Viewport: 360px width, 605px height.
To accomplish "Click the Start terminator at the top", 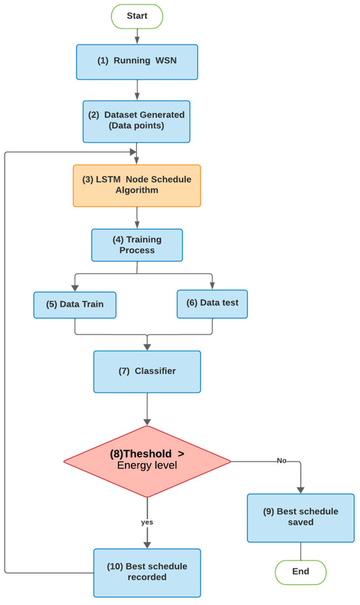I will click(136, 15).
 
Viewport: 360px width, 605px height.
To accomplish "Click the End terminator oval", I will click(300, 571).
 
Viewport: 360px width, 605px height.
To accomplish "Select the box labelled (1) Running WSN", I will click(136, 62).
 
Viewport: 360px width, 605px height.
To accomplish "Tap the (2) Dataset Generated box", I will click(136, 121).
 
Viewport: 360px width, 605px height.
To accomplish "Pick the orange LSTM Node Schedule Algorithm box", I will click(136, 185).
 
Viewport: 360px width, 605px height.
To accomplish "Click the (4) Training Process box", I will click(136, 246).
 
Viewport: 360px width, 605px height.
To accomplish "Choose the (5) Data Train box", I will click(75, 304).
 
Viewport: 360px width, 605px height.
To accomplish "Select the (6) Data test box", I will click(212, 304).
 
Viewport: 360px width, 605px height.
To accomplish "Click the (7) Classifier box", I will click(147, 372).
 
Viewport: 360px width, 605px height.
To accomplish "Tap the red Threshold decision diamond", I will click(147, 461).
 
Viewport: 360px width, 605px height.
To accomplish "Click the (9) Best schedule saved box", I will click(300, 518).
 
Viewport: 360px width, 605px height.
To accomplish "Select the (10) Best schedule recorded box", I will click(147, 572).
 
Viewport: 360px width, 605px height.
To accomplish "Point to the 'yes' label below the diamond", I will click(147, 523).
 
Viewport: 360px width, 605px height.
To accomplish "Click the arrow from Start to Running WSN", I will click(136, 35).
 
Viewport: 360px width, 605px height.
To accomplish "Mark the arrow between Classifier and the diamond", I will click(147, 409).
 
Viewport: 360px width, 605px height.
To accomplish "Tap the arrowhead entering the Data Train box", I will click(75, 287).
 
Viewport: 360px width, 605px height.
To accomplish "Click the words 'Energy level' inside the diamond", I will click(147, 466).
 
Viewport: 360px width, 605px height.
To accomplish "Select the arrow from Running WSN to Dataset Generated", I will click(136, 89).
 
